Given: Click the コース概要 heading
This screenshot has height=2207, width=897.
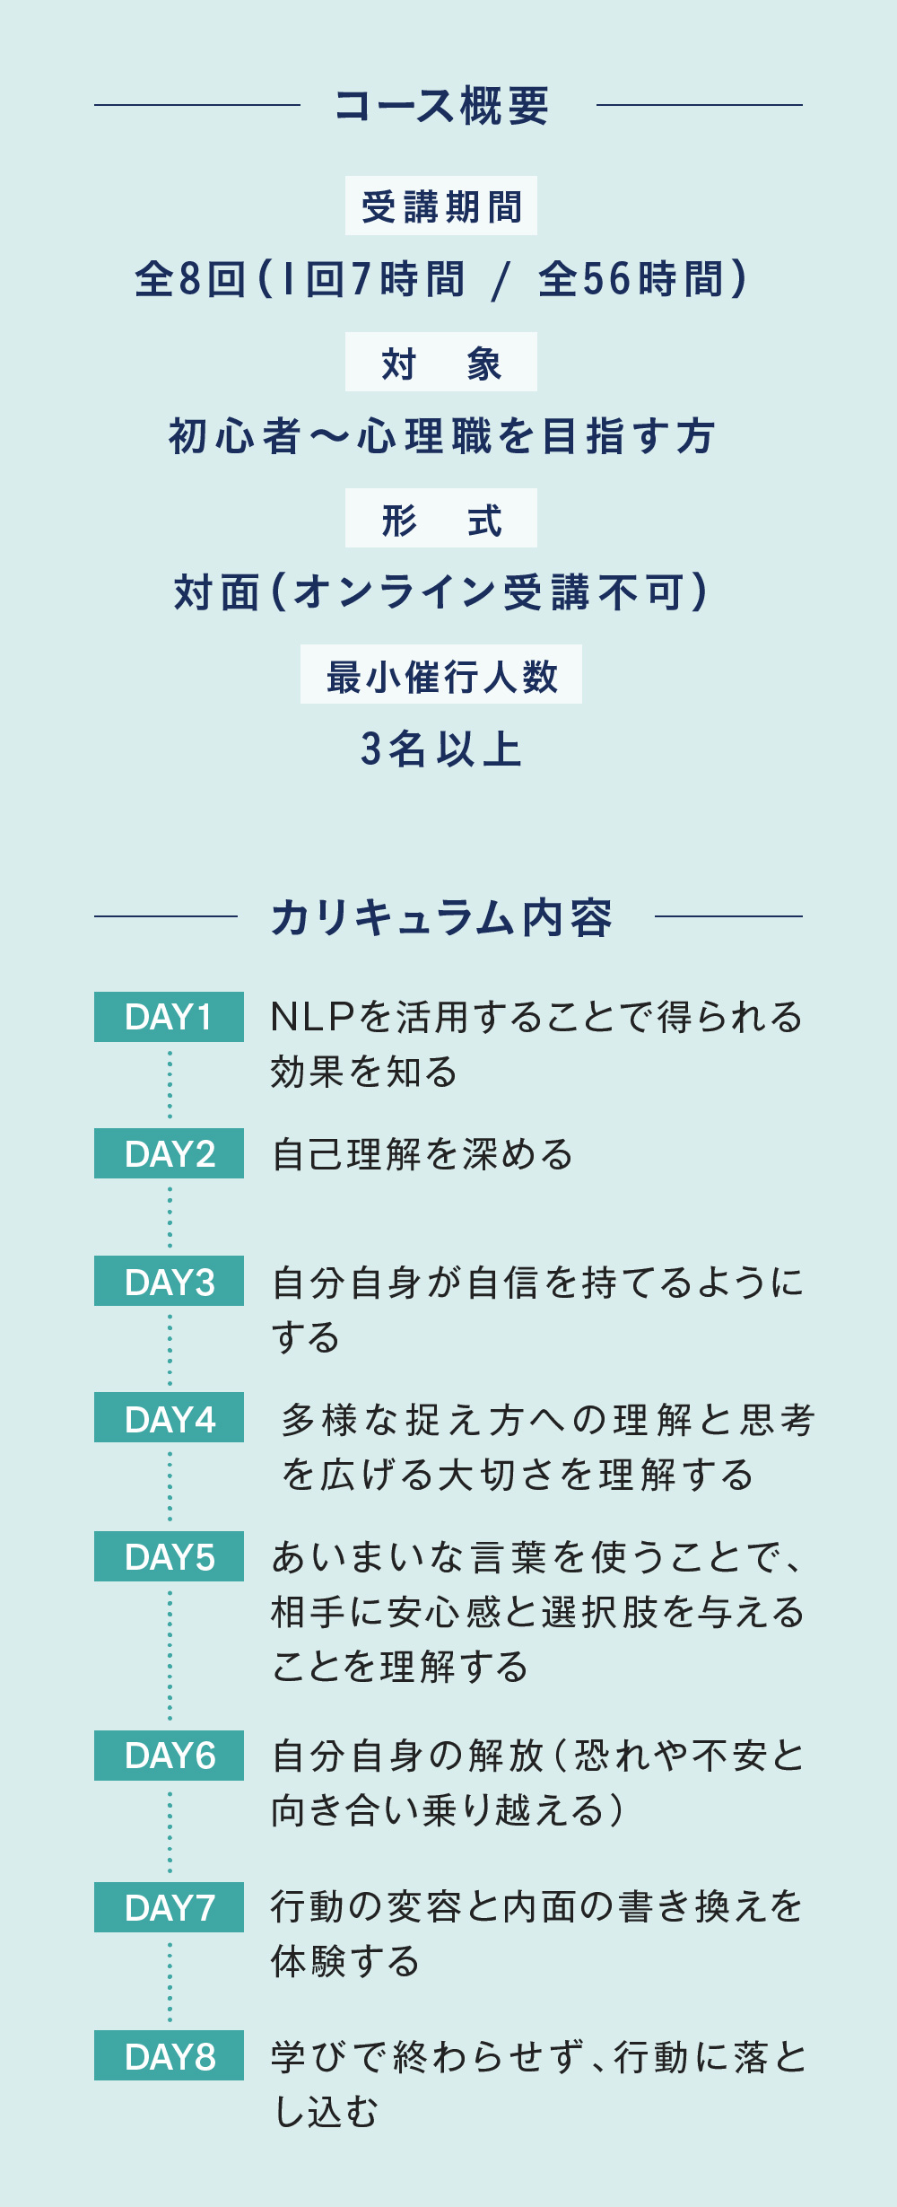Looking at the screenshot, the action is point(441,106).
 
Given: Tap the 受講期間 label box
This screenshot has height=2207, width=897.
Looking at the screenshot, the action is point(441,206).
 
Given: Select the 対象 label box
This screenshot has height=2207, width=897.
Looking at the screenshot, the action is point(441,362).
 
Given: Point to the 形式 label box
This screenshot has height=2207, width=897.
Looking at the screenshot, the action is point(441,518).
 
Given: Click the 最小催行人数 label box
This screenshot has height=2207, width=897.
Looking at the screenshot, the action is point(441,674).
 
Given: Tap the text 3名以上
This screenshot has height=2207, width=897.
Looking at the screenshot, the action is point(441,749).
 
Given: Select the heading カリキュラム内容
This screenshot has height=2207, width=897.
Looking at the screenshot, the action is point(442,917).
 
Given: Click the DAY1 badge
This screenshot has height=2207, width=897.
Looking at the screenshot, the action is point(169,1017).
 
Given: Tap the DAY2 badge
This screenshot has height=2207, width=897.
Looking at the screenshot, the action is point(169,1153).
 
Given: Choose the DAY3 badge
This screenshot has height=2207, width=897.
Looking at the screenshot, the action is point(169,1281).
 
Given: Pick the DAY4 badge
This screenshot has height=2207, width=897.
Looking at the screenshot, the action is point(169,1417).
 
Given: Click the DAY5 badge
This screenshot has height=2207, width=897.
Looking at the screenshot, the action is point(169,1556).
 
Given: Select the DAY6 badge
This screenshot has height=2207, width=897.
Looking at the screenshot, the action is point(169,1756).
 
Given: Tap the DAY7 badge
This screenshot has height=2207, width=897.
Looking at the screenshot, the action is point(169,1907).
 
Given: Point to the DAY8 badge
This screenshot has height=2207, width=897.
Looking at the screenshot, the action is point(169,2055).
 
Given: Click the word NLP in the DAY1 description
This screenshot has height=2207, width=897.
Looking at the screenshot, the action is point(313,1017).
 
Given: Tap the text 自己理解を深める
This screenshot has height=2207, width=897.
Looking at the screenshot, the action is point(422,1154).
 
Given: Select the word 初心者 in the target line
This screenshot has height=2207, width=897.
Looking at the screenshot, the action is point(235,436).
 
